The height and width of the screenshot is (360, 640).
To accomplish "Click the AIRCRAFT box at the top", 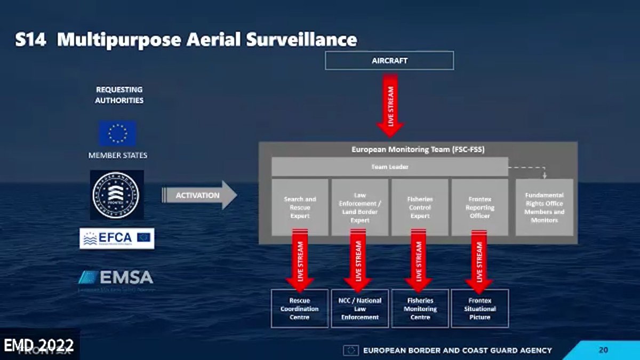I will pyautogui.click(x=389, y=61).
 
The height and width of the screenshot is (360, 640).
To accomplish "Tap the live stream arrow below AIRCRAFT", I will pyautogui.click(x=390, y=105).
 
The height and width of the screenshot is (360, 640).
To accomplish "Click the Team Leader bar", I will pyautogui.click(x=389, y=167).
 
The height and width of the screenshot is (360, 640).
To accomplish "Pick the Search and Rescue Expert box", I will pyautogui.click(x=300, y=207).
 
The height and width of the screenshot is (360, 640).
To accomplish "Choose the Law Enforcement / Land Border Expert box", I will pyautogui.click(x=359, y=207).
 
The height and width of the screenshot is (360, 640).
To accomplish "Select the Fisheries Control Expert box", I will pyautogui.click(x=419, y=207).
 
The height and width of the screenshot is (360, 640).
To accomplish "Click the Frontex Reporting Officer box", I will pyautogui.click(x=479, y=207).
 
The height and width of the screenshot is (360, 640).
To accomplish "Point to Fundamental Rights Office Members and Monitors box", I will pyautogui.click(x=544, y=207).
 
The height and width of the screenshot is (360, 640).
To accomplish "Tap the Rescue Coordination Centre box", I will pyautogui.click(x=300, y=308).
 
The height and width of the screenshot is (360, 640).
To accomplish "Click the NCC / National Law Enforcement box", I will pyautogui.click(x=359, y=308).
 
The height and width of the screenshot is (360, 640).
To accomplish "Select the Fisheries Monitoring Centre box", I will pyautogui.click(x=420, y=308).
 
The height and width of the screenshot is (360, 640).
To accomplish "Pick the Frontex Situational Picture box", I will pyautogui.click(x=479, y=308).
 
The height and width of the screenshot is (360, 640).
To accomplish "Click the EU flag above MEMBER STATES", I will pyautogui.click(x=117, y=133).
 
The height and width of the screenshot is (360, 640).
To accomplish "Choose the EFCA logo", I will pyautogui.click(x=117, y=238).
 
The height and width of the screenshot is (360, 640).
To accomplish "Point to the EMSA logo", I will pyautogui.click(x=116, y=277).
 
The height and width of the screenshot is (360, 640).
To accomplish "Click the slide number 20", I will pyautogui.click(x=603, y=350).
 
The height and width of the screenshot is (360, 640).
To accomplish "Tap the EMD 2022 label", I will pyautogui.click(x=38, y=345).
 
